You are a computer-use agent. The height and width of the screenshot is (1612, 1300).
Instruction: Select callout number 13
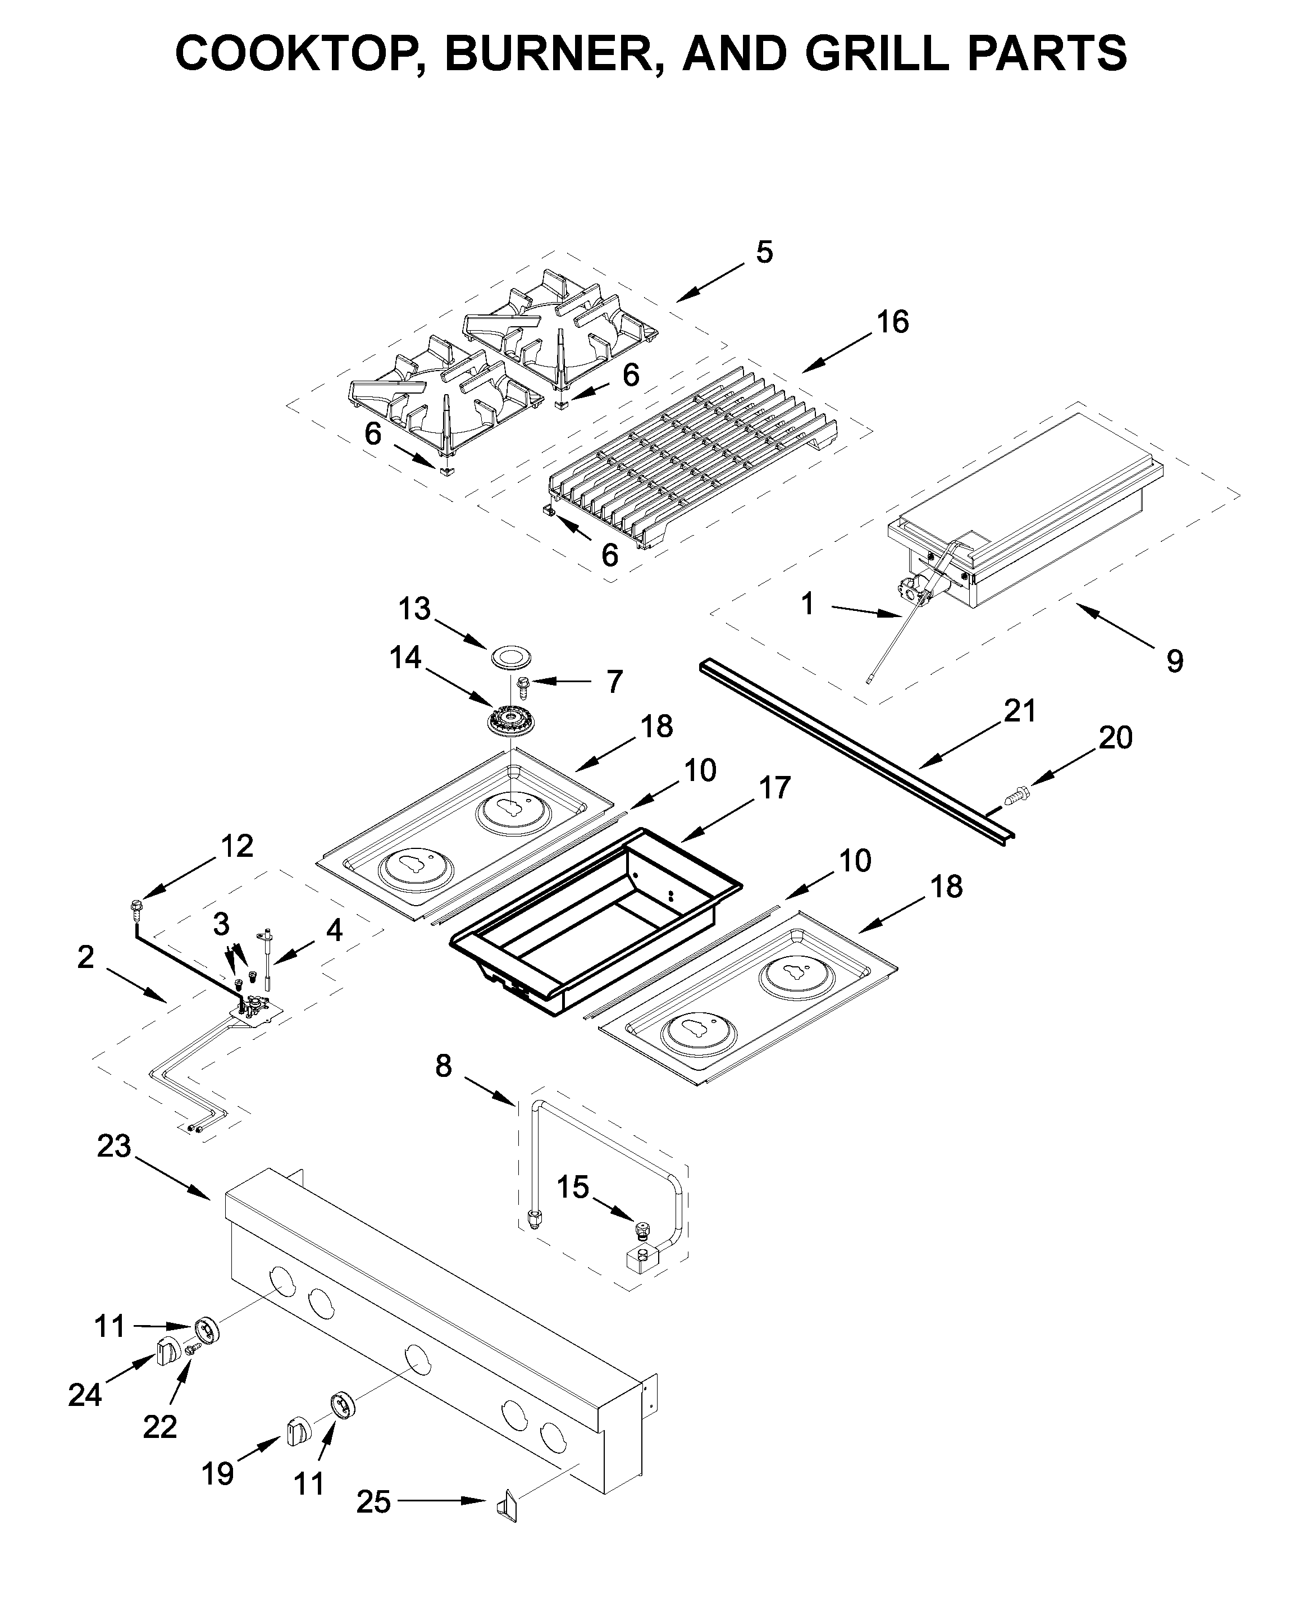414,609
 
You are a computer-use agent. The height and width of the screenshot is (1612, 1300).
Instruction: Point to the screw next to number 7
523,682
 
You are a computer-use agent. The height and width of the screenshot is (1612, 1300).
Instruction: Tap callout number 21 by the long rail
1019,710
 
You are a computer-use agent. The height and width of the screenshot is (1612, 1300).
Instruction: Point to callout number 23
114,1147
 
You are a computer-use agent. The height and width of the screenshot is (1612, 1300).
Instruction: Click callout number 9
1175,660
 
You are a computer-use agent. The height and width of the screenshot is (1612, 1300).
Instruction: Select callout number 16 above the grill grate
893,322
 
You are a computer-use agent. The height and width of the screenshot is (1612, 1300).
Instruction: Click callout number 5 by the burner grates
764,252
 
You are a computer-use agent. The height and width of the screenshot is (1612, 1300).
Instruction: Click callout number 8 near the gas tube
444,1065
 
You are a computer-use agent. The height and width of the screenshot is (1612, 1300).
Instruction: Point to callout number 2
86,956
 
